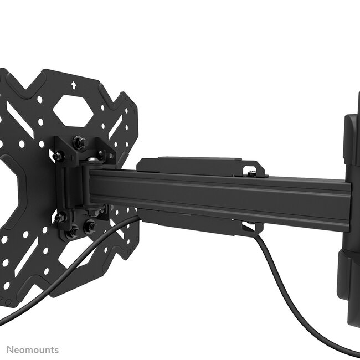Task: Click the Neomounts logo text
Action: (33, 349)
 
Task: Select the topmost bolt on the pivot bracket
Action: (81, 143)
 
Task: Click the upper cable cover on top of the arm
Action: (194, 165)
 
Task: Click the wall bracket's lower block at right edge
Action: (351, 288)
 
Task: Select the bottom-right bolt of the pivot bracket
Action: (89, 227)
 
